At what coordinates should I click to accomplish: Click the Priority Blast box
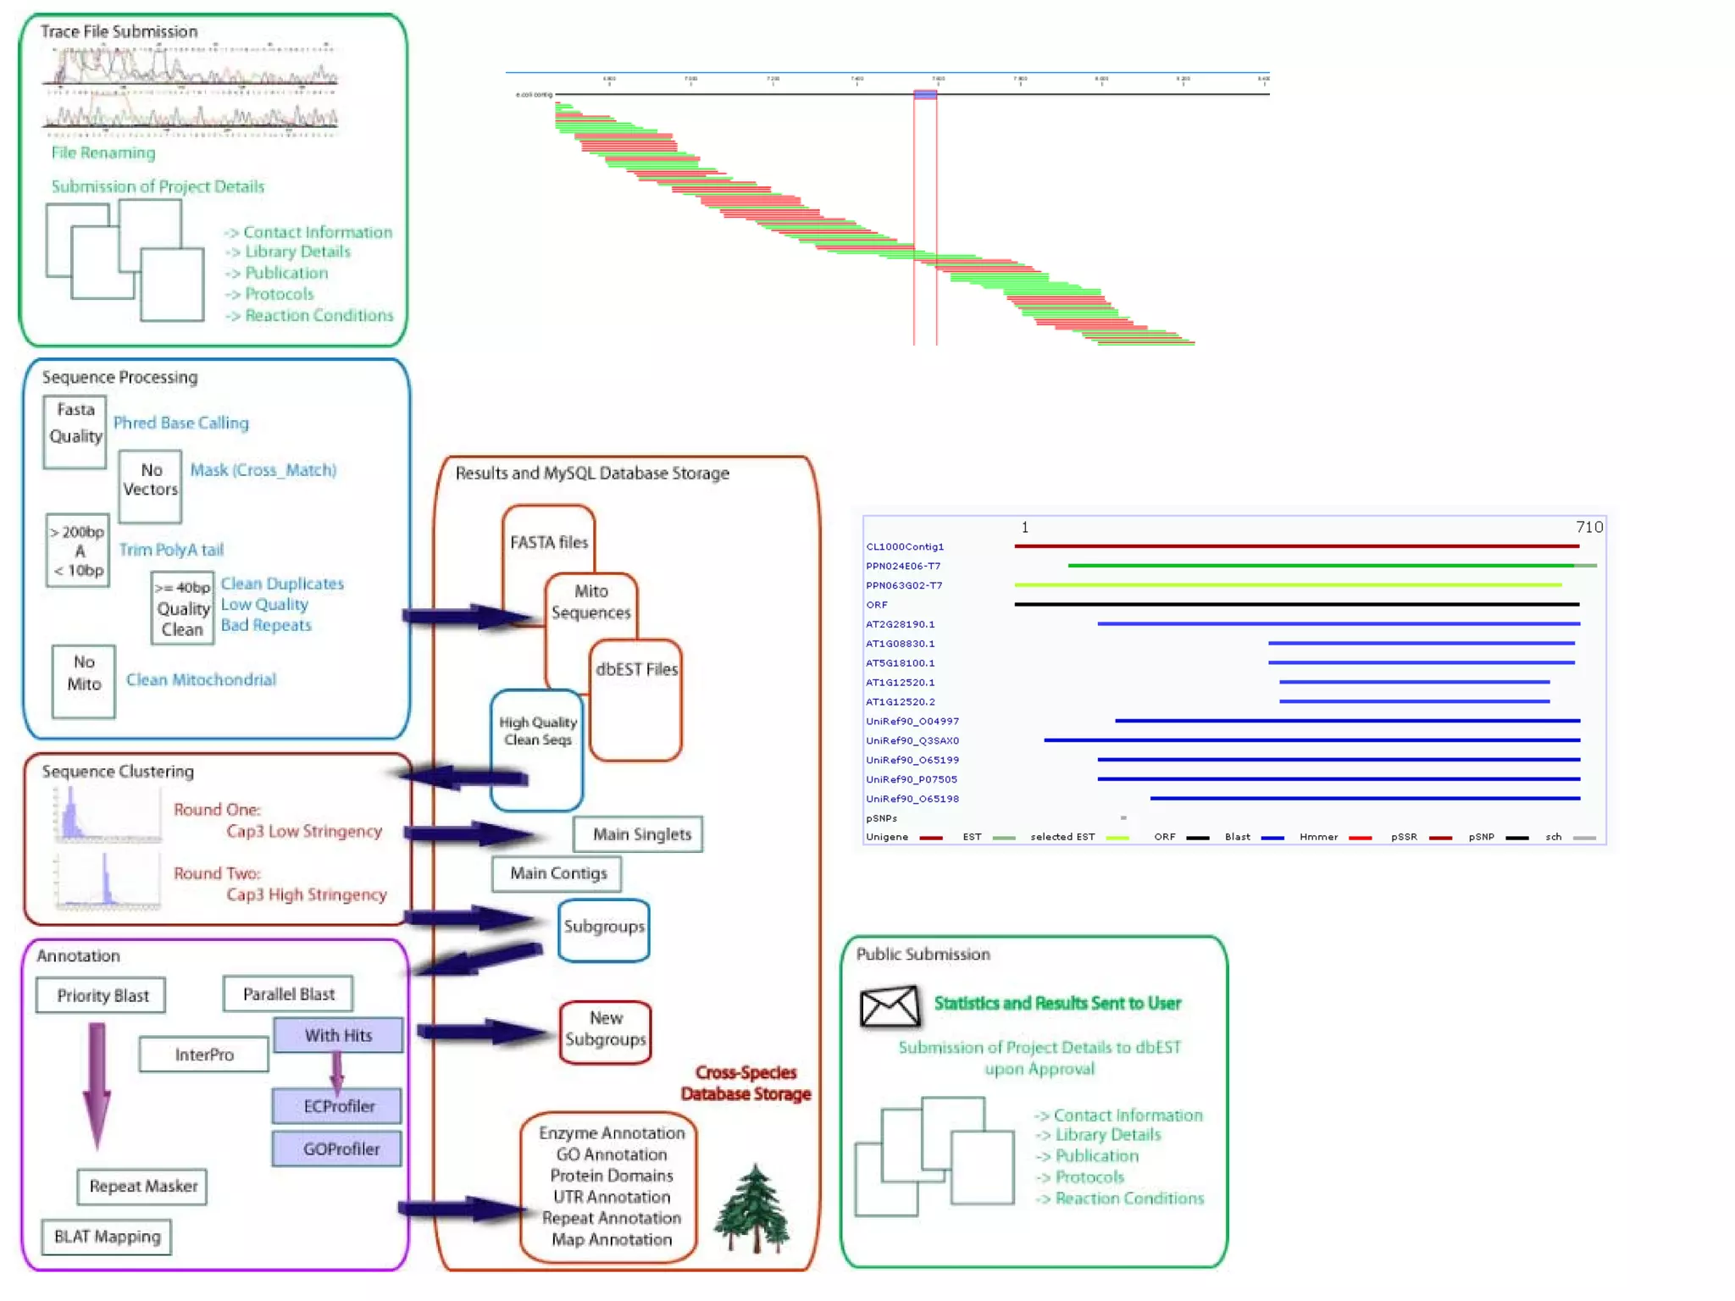click(101, 995)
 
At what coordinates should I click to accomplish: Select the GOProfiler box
click(337, 1149)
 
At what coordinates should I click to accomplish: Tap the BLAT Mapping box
click(107, 1237)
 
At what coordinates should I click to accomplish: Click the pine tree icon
click(752, 1209)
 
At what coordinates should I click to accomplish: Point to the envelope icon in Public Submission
click(889, 1006)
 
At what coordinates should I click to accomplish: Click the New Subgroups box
click(605, 1030)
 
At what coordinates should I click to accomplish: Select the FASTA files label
click(548, 542)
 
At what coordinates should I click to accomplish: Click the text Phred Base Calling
click(181, 423)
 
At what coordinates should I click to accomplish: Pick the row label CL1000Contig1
click(904, 546)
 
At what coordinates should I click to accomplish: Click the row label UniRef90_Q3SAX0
click(912, 740)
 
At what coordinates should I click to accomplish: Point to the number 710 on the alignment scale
click(1588, 527)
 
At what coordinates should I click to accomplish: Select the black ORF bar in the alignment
click(1296, 604)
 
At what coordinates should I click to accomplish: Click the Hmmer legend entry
click(1318, 837)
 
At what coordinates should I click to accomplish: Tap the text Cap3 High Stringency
click(306, 894)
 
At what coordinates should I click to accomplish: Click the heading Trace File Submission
click(119, 31)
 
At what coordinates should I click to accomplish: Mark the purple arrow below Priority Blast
click(97, 1084)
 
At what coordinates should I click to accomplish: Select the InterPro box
click(203, 1055)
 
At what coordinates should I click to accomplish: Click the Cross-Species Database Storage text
click(746, 1083)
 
